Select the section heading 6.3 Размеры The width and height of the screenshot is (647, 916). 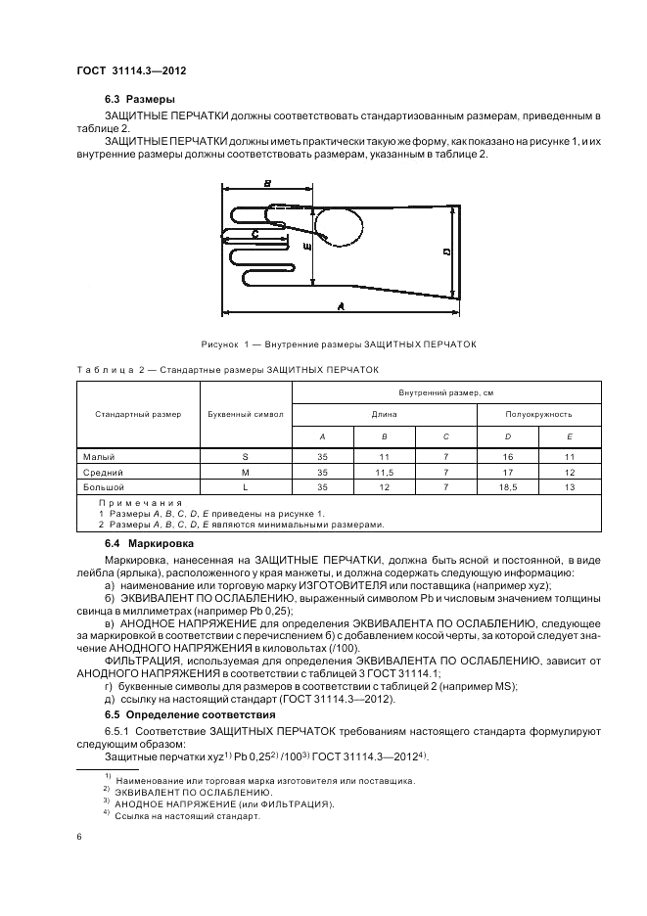[x=140, y=100]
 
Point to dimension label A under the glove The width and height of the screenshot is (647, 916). [x=341, y=306]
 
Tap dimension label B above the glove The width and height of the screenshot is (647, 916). [x=266, y=183]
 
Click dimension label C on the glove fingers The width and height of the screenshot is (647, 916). [x=254, y=234]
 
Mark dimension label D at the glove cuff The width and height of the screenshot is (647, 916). [x=446, y=252]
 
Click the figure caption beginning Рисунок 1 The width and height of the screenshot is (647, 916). [x=337, y=343]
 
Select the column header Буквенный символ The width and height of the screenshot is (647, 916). [x=246, y=414]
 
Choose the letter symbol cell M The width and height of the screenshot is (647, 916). [x=246, y=472]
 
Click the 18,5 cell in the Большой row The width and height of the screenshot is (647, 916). [x=507, y=486]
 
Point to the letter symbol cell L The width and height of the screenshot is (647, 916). [x=246, y=486]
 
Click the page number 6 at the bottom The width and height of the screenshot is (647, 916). [x=78, y=837]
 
